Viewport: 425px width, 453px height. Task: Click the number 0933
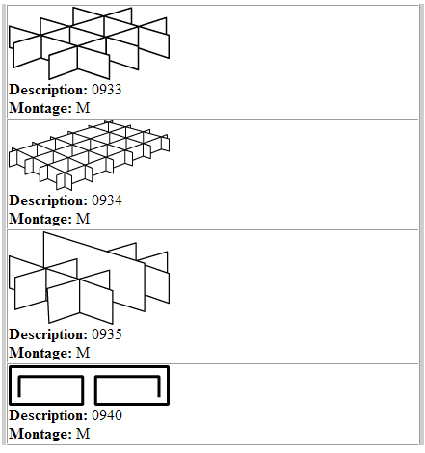(107, 90)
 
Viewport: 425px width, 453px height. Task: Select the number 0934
(107, 200)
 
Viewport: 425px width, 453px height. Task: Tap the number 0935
(107, 334)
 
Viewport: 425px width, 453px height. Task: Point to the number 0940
(107, 415)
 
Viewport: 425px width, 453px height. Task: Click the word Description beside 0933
(48, 91)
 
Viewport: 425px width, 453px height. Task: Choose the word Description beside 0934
(48, 201)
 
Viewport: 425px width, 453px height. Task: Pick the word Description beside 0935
(48, 335)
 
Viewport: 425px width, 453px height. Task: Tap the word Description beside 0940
(48, 416)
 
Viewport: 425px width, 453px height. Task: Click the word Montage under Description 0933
(40, 109)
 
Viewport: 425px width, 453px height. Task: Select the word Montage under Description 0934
(40, 220)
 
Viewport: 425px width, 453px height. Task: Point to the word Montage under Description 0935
(40, 354)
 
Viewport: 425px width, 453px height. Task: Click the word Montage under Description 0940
(40, 435)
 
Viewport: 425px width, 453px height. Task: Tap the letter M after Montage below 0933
(83, 108)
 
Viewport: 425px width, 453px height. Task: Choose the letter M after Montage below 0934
(83, 219)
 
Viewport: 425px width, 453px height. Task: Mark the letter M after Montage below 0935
(83, 353)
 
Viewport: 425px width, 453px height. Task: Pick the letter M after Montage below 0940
(83, 434)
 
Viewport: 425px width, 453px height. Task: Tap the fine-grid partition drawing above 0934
(89, 155)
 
